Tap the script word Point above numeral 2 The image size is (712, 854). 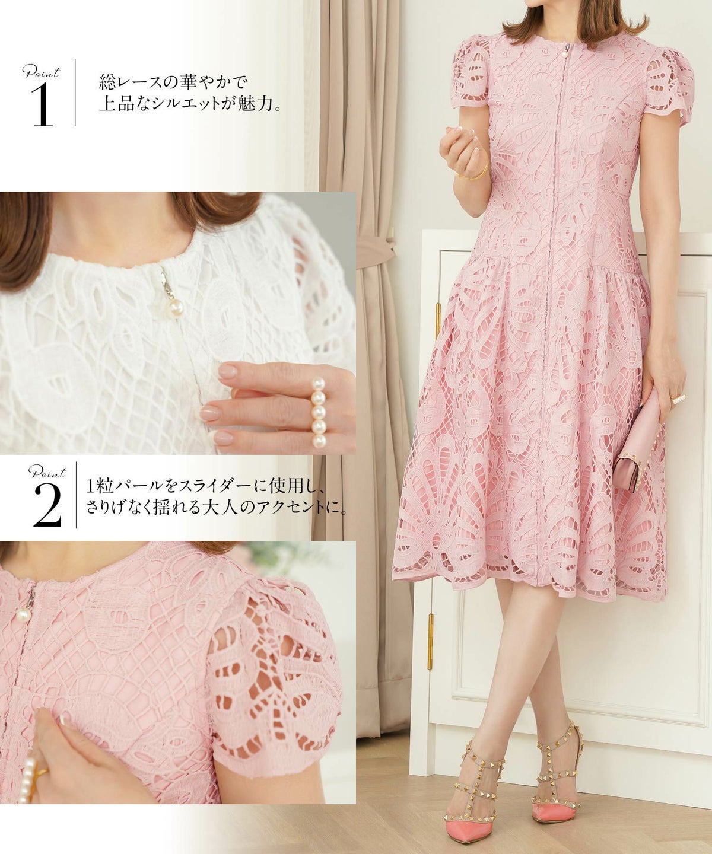click(47, 472)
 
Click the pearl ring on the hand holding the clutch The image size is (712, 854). click(678, 397)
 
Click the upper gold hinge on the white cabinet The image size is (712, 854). click(438, 319)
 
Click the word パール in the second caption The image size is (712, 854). click(132, 487)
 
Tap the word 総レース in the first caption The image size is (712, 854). click(131, 82)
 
